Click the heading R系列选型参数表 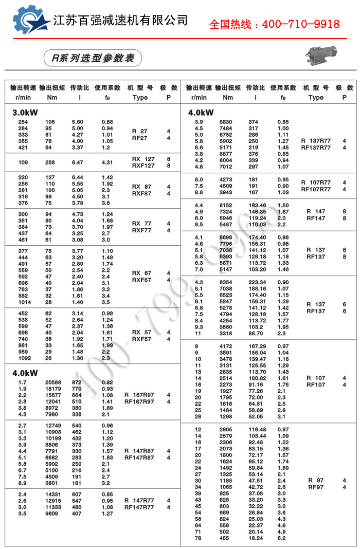pos(93,58)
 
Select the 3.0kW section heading pos(25,112)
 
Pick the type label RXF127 pos(142,166)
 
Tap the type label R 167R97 pos(139,395)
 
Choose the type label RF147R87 pos(139,457)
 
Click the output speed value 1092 pos(25,358)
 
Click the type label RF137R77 pos(323,148)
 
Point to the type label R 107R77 pos(323,182)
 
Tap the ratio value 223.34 pos(257,282)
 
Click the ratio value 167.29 pos(257,346)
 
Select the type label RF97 pos(316,487)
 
